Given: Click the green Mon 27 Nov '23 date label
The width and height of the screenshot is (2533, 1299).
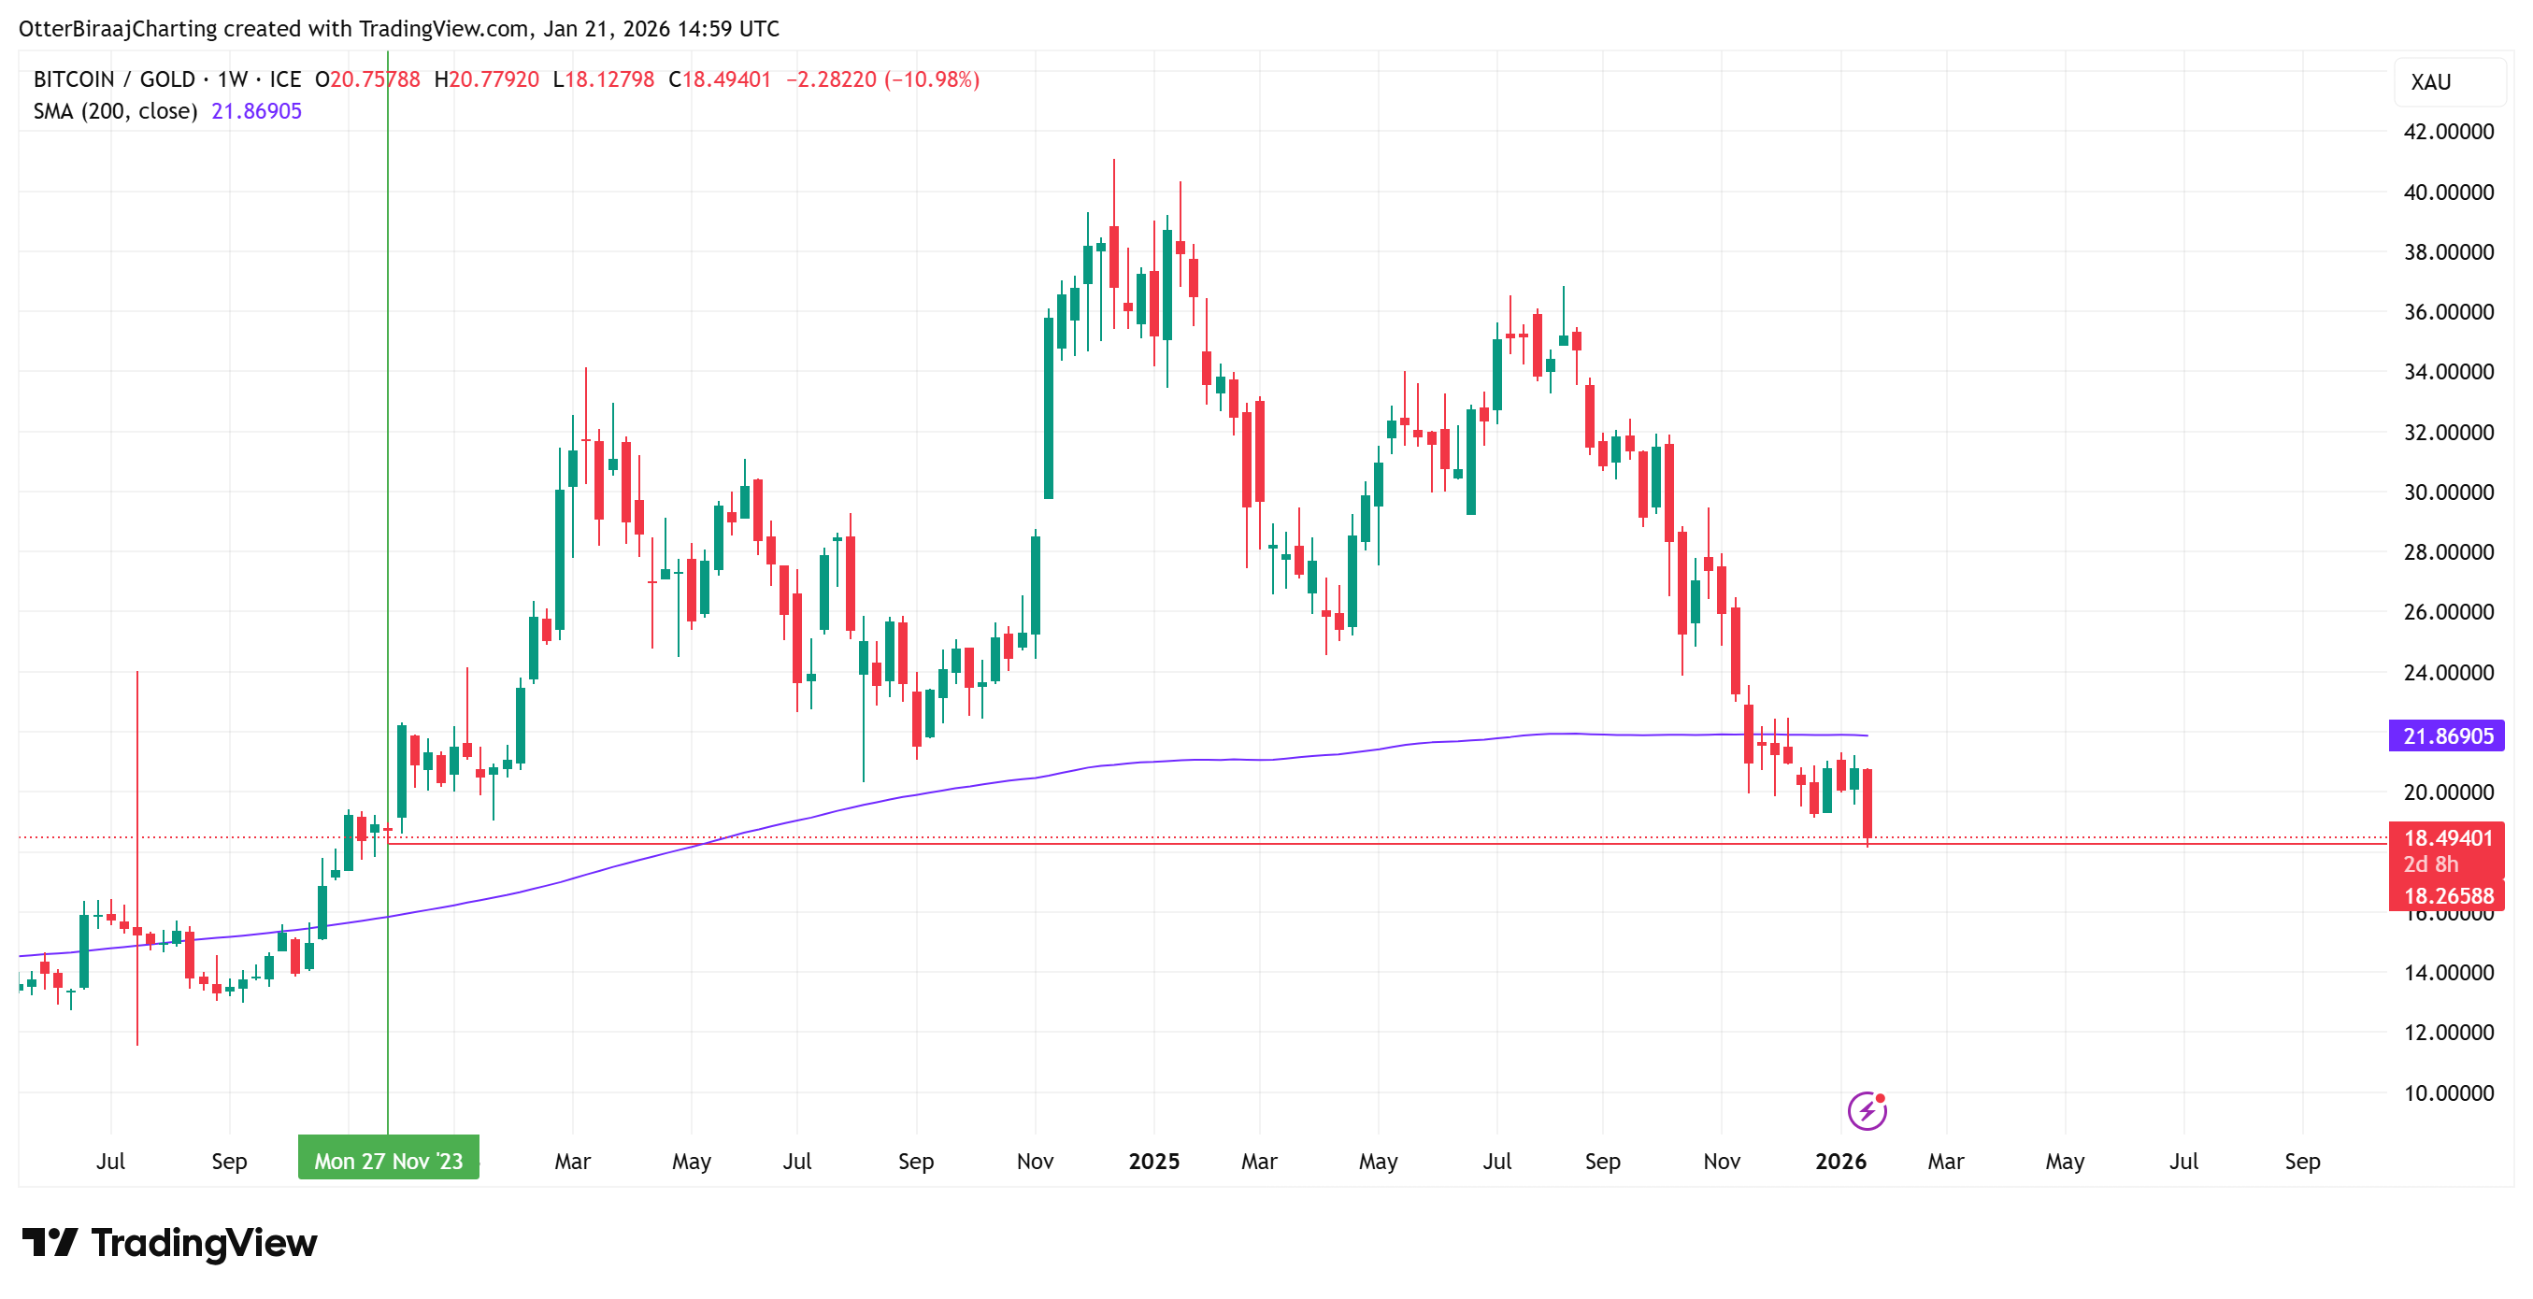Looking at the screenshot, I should tap(389, 1161).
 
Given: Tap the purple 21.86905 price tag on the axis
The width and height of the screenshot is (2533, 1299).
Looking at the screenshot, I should tap(2446, 735).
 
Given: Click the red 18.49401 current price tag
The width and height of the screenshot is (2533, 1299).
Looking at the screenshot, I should tap(2446, 838).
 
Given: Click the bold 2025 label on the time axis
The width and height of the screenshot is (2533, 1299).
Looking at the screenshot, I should tap(1153, 1162).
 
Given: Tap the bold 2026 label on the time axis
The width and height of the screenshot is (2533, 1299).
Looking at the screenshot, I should tap(1839, 1162).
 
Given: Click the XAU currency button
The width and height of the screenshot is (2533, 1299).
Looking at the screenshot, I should tap(2431, 82).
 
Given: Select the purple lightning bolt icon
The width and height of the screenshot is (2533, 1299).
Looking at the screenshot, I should tap(1867, 1111).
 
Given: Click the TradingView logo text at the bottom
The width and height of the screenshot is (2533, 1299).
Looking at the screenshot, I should tap(204, 1243).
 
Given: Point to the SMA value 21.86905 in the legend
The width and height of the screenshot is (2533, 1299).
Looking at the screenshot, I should tap(257, 111).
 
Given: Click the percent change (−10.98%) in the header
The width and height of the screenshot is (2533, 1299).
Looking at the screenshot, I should tap(931, 79).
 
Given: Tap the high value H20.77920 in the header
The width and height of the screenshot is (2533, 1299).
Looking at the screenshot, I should tap(487, 79).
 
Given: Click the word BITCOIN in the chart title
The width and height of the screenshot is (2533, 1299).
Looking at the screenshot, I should tap(74, 79).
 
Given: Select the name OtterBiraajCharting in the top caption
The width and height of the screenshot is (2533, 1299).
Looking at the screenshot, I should tap(117, 29).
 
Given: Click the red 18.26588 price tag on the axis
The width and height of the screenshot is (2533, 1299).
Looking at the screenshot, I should tap(2446, 896).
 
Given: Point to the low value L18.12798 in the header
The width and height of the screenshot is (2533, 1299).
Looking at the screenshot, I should tap(604, 79).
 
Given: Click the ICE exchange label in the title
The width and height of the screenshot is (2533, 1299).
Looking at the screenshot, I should tap(285, 79).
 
